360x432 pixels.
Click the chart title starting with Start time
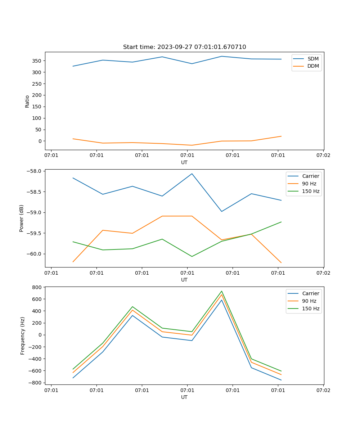point(184,47)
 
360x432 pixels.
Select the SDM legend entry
point(313,59)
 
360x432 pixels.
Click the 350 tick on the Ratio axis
point(37,61)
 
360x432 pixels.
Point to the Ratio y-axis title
point(27,101)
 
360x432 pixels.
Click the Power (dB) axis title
point(22,218)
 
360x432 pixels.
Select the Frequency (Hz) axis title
point(22,336)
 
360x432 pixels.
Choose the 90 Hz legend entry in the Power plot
point(309,184)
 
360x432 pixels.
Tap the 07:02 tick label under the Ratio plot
point(323,156)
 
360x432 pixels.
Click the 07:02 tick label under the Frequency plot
point(323,390)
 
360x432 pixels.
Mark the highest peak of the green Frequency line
point(222,291)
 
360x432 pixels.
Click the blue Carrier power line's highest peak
point(192,174)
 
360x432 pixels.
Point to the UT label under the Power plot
point(184,280)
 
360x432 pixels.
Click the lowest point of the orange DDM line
point(192,145)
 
